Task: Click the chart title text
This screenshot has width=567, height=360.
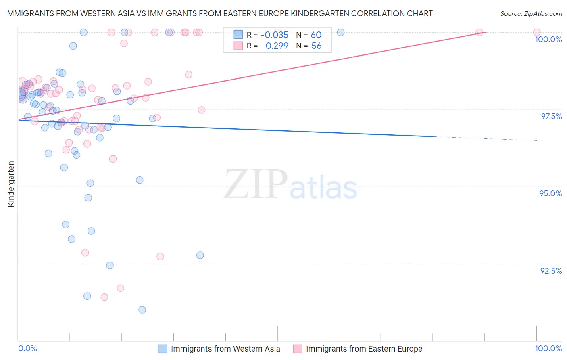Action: click(219, 14)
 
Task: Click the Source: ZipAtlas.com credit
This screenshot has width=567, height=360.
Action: click(531, 14)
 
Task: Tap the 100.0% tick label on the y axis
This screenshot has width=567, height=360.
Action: click(548, 40)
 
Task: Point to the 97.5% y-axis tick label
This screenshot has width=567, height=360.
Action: click(551, 117)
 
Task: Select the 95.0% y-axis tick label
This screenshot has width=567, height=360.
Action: click(550, 194)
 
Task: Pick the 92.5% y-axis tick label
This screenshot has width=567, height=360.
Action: click(551, 271)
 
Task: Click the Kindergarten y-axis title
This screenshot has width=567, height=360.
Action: click(11, 184)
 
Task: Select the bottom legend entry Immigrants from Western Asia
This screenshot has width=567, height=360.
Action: click(225, 349)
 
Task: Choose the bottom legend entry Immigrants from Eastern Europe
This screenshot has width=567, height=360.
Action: click(364, 349)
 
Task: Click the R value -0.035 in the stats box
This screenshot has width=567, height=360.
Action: click(274, 35)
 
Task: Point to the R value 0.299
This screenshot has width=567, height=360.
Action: click(277, 46)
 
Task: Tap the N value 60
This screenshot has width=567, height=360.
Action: click(316, 35)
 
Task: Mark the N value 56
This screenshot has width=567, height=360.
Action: click(316, 46)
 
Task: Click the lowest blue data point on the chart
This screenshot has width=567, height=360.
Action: click(142, 310)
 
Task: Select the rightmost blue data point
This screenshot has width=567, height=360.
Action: click(341, 32)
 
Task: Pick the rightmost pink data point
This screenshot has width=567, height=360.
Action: click(537, 32)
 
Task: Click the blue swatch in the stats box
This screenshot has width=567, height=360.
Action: click(238, 35)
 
